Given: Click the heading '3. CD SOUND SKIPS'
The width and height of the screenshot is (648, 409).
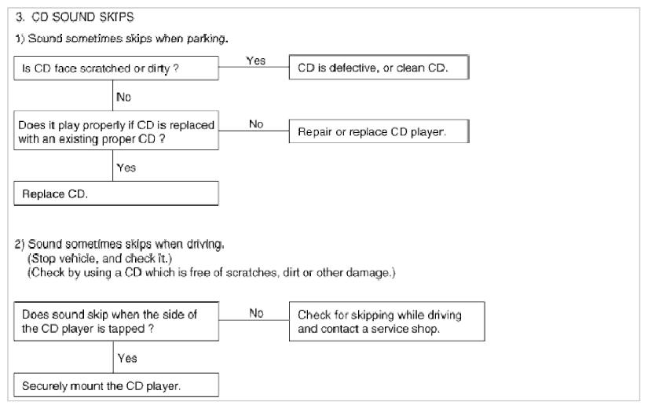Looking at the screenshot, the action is coord(75,17).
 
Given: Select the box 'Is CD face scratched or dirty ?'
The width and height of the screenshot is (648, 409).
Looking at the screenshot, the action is coord(116,68).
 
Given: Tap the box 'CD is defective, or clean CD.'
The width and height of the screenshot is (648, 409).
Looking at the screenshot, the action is coord(379,67).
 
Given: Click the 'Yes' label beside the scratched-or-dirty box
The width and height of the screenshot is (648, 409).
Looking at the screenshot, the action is coord(256,61).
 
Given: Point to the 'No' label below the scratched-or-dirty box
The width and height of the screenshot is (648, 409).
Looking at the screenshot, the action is coord(123,97).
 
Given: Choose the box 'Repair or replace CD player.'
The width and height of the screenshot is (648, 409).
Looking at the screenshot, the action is coord(379,131).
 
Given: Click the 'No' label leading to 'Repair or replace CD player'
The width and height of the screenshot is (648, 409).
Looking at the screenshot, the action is coord(256,123).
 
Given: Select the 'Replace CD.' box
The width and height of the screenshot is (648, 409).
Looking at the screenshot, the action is coord(116,193).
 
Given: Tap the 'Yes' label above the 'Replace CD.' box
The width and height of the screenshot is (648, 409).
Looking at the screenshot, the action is coord(126,168).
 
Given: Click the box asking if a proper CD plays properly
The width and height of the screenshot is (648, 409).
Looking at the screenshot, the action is coord(116,131).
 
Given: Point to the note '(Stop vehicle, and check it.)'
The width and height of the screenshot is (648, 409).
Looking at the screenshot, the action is coord(100,258).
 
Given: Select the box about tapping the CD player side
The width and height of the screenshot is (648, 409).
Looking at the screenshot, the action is coord(116,321).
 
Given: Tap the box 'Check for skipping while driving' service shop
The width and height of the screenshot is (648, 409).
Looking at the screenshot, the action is coord(386,321).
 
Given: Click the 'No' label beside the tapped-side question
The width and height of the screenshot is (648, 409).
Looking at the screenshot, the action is coord(256,313).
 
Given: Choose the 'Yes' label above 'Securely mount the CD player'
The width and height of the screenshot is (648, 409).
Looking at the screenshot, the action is coord(127,358).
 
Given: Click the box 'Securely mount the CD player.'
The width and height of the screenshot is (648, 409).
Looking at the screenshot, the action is coord(116,385).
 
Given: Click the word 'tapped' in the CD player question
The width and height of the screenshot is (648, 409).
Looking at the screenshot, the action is coord(126,329).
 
